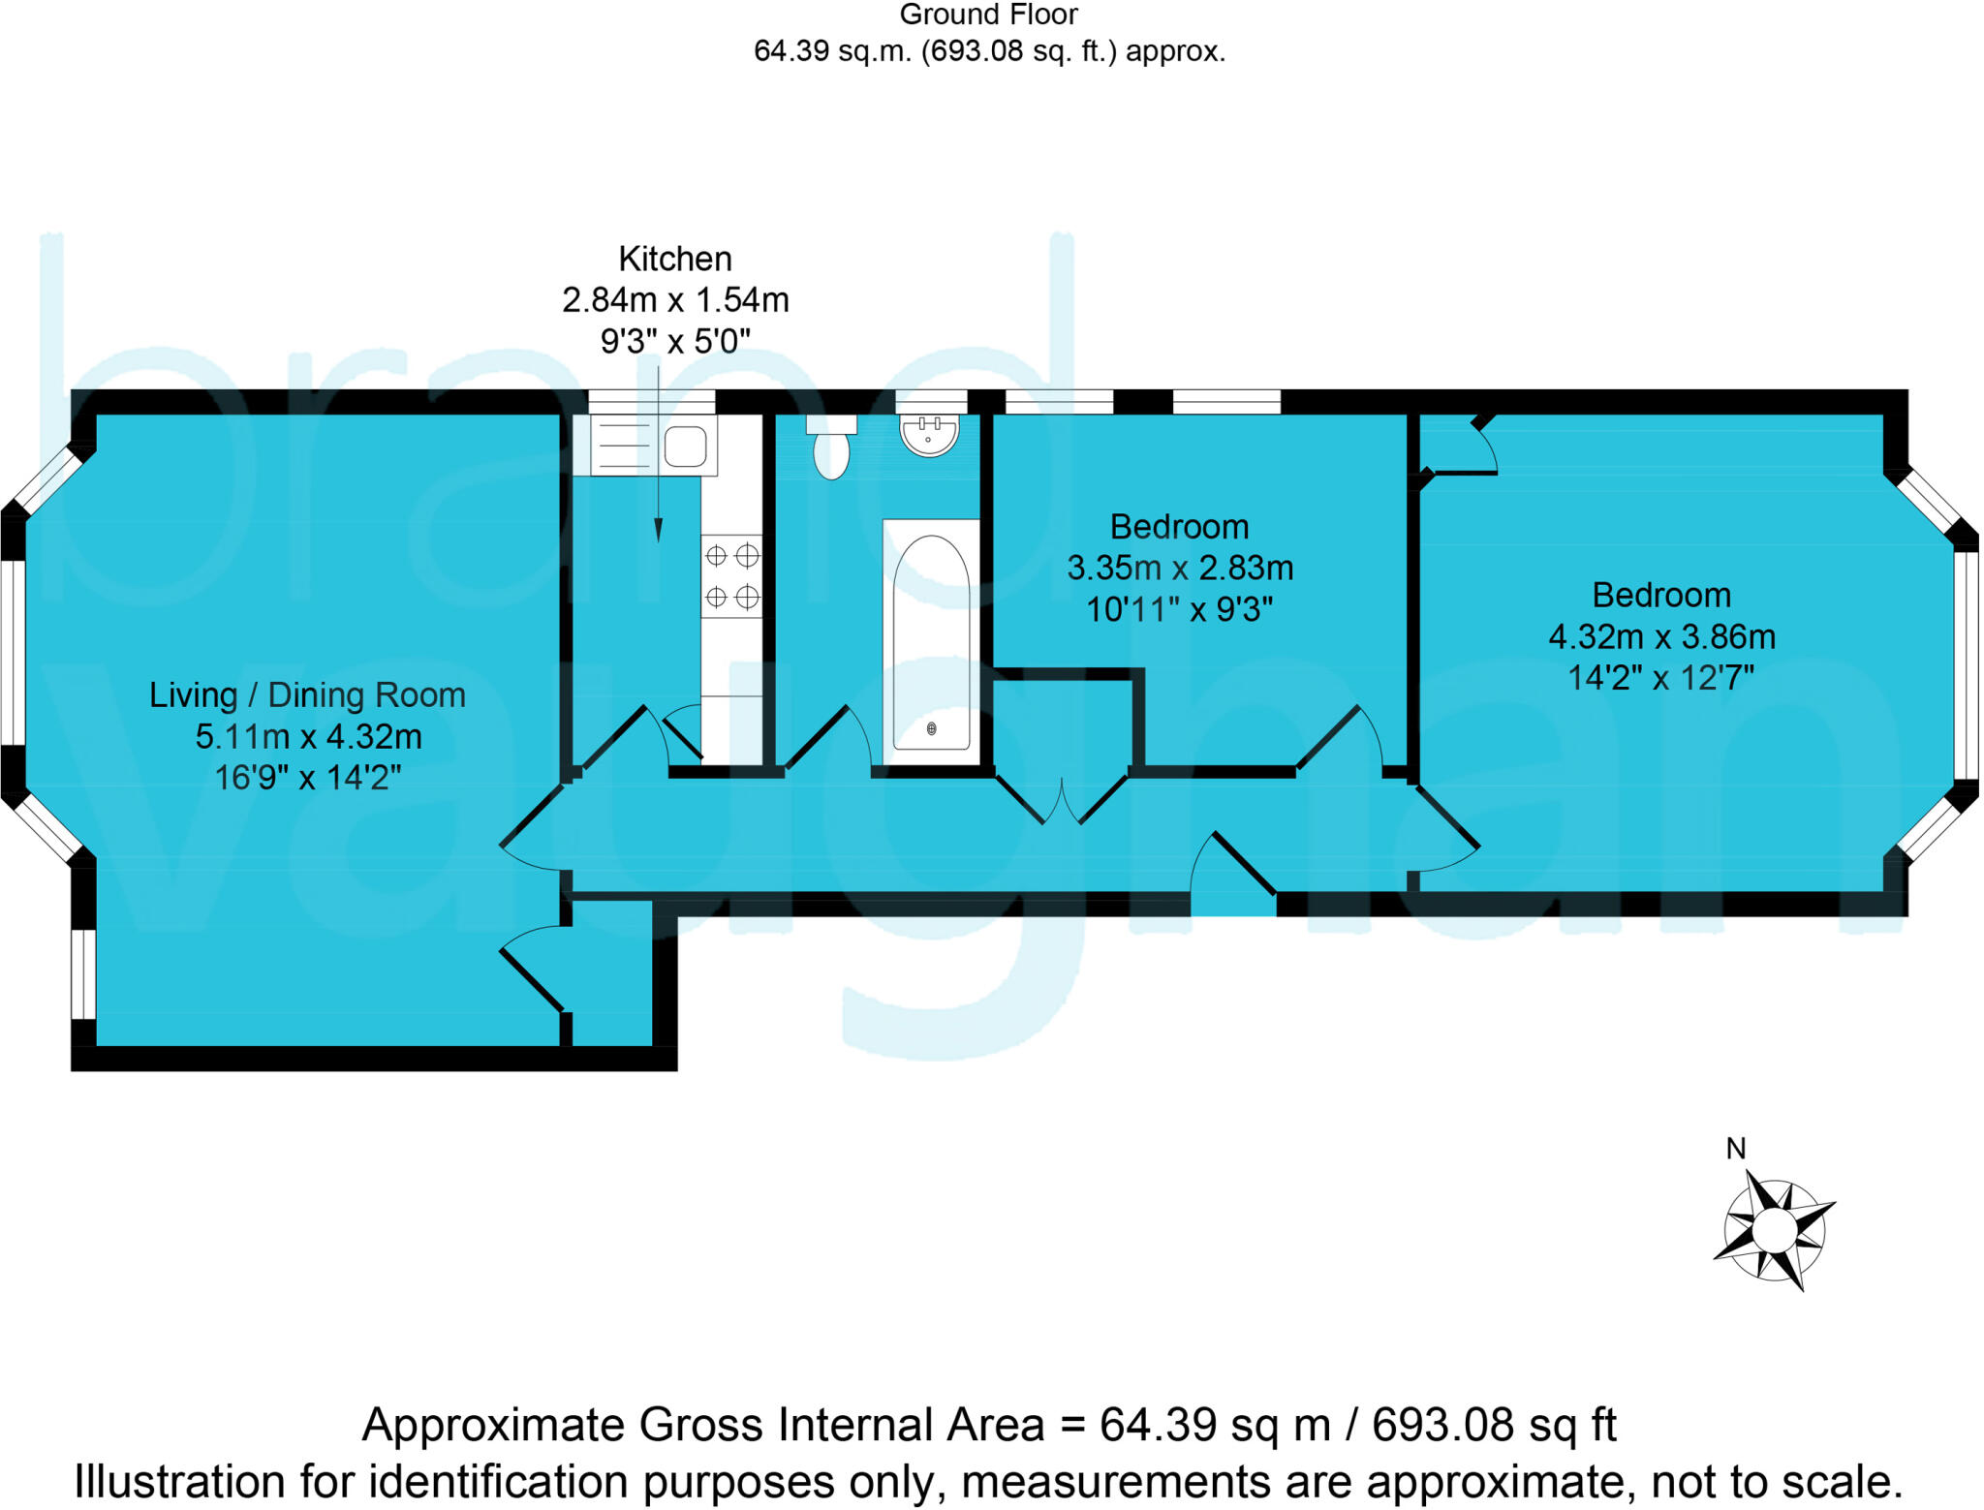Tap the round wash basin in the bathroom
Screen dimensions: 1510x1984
(x=929, y=434)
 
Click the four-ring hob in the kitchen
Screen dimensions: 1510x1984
(x=731, y=576)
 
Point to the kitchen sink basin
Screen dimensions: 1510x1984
(x=685, y=447)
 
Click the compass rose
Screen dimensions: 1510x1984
(x=1774, y=1231)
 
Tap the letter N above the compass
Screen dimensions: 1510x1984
(x=1736, y=1149)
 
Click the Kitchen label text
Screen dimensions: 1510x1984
(x=675, y=259)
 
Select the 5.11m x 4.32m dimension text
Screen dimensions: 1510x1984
(x=308, y=737)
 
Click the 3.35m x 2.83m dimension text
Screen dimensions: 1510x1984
(x=1179, y=568)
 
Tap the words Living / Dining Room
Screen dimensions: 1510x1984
(x=307, y=695)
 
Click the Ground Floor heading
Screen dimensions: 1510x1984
(x=988, y=15)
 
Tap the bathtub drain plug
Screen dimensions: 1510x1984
(x=932, y=728)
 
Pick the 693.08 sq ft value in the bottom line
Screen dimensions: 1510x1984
(x=1494, y=1425)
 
